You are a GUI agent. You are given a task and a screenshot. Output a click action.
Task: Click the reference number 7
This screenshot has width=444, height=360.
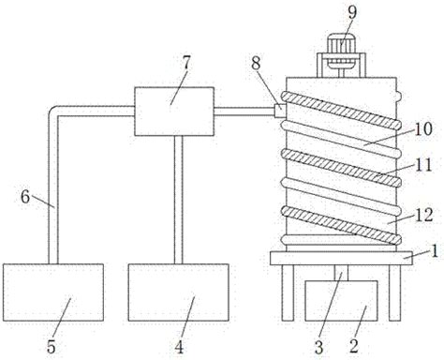(186, 63)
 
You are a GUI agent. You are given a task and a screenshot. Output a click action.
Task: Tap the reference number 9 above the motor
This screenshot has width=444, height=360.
(352, 12)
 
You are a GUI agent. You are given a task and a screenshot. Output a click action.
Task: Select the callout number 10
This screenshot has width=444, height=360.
(422, 128)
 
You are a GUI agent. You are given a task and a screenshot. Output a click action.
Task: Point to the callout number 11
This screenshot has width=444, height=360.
(423, 165)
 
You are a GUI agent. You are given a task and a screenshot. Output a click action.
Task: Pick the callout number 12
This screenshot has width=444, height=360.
(423, 215)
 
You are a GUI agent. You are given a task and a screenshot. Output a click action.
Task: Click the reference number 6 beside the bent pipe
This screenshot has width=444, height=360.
(25, 197)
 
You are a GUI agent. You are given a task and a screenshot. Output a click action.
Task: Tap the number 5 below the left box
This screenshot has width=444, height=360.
(52, 346)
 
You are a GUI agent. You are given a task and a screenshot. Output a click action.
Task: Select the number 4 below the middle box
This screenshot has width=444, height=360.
(179, 347)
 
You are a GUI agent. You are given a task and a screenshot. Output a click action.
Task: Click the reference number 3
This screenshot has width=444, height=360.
(318, 347)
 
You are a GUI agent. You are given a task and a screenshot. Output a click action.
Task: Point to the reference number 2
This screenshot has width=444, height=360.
(354, 346)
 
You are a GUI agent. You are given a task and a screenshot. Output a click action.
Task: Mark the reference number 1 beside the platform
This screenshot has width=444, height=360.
(435, 251)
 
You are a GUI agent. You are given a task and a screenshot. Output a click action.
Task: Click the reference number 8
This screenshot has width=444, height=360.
(256, 64)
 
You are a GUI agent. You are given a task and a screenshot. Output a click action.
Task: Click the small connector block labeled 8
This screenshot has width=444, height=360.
(280, 111)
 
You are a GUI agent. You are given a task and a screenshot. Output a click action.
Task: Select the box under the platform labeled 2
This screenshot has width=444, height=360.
(341, 301)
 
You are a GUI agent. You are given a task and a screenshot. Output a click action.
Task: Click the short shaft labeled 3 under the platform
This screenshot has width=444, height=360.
(341, 273)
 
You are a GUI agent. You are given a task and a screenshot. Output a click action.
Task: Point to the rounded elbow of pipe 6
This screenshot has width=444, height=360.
(53, 112)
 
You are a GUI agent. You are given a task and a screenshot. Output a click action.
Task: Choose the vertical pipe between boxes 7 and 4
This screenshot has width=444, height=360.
(178, 200)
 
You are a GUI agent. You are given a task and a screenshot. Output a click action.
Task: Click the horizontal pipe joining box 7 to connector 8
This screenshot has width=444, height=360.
(244, 112)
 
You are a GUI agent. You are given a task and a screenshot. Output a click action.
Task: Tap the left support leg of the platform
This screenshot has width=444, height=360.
(288, 292)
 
